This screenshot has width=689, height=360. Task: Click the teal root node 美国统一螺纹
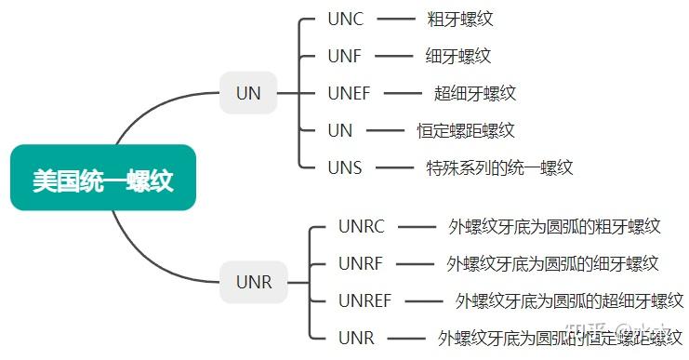tap(103, 178)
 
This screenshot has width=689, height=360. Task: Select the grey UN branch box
tap(249, 93)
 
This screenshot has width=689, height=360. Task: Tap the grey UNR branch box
tap(254, 282)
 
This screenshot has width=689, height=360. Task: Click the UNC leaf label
tap(346, 19)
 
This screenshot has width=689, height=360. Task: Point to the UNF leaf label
tap(345, 56)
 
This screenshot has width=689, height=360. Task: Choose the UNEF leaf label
tap(350, 93)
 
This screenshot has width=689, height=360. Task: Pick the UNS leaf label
tap(345, 168)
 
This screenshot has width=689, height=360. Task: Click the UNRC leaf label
tap(362, 226)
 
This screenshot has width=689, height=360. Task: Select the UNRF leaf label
tap(361, 263)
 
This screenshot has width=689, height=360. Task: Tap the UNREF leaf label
tap(365, 300)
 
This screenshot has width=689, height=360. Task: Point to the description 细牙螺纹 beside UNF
tap(458, 56)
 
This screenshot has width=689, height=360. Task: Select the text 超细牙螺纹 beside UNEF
tap(474, 93)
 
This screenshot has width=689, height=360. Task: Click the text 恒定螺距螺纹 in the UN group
tap(466, 131)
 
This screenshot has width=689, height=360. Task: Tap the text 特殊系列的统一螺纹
tap(499, 168)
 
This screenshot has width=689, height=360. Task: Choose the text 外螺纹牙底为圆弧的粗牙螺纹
tap(554, 226)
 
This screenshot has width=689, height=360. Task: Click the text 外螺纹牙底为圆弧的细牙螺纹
tap(552, 263)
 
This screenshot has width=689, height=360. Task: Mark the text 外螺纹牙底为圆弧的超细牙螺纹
tap(569, 300)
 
